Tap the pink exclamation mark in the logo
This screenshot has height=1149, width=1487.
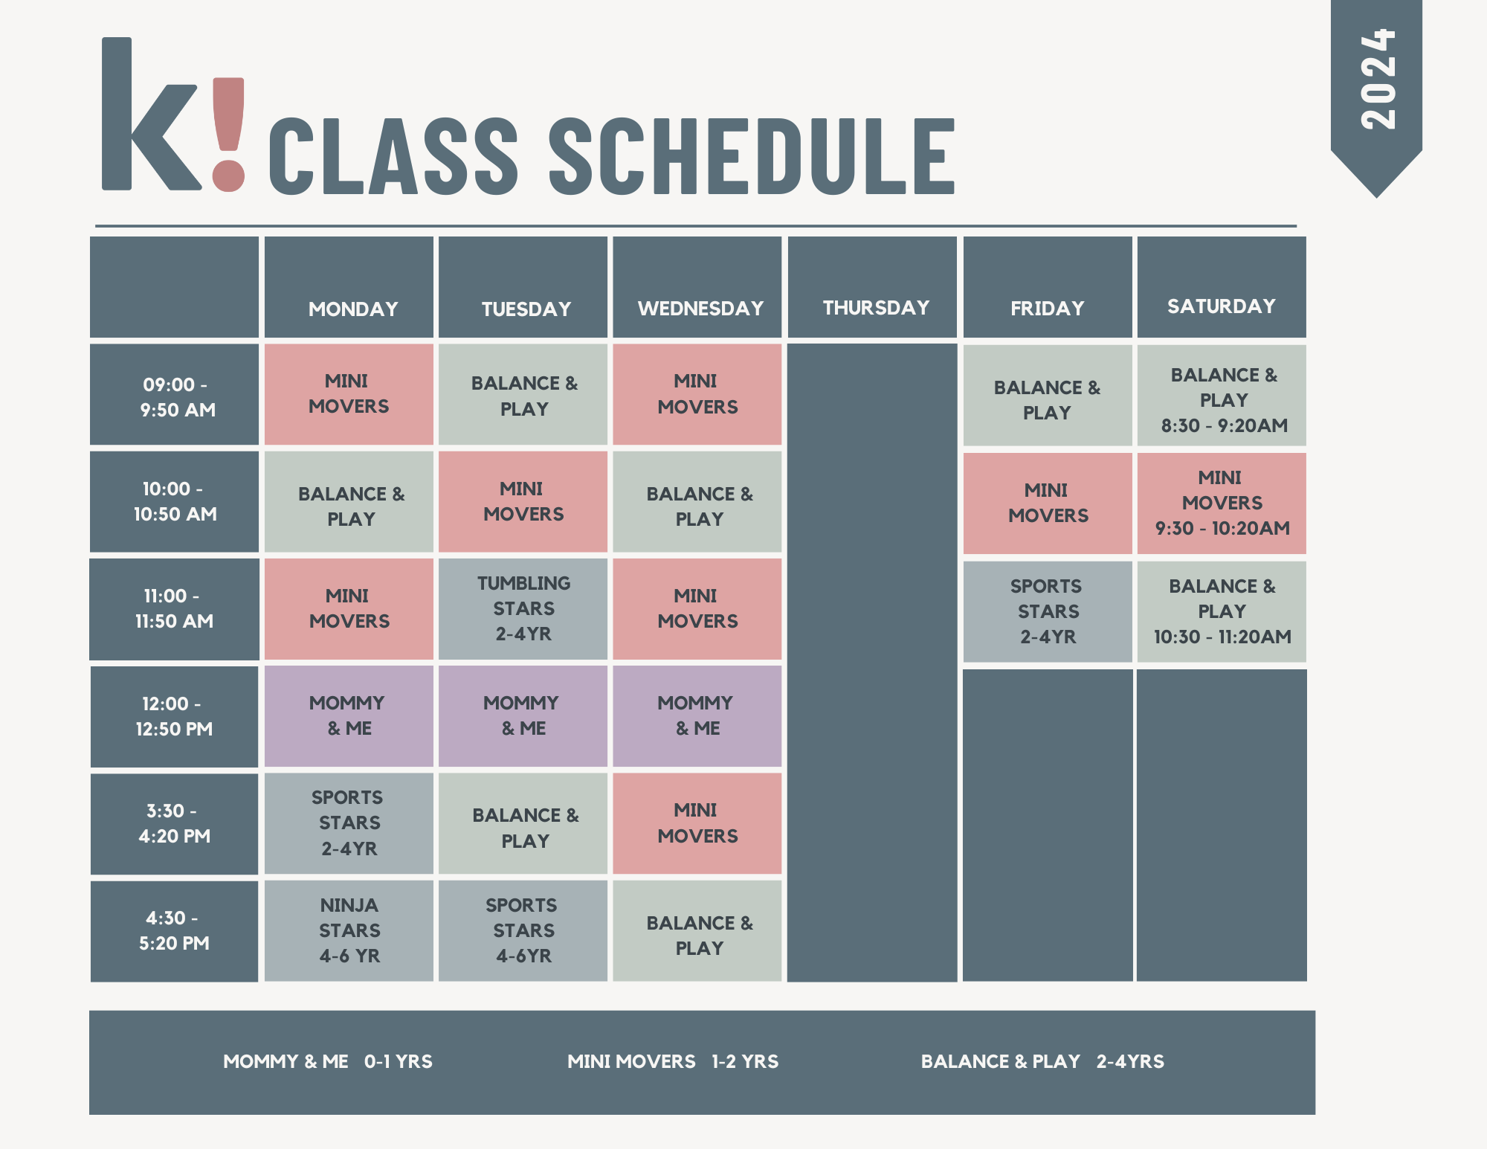coord(228,134)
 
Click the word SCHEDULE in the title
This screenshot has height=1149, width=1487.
coord(751,156)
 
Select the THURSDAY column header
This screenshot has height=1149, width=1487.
coord(875,307)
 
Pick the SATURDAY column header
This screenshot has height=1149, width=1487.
coord(1221,306)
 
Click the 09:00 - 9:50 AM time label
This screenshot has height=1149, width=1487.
coord(175,396)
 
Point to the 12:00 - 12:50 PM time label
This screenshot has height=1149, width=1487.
coord(174,716)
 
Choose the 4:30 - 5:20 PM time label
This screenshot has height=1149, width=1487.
coord(174,930)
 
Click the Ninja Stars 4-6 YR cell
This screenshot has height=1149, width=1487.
coord(349,930)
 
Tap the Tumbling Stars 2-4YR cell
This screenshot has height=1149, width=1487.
coord(523,608)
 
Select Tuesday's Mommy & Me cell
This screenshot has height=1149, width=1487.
coord(523,715)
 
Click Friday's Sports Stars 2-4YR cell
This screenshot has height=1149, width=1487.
coord(1048,611)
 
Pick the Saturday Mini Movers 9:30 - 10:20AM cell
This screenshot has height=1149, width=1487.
coord(1222,503)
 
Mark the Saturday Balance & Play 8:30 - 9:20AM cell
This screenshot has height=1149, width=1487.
coord(1222,399)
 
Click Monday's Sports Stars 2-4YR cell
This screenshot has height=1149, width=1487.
coord(349,823)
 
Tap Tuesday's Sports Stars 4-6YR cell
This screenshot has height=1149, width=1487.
coord(523,930)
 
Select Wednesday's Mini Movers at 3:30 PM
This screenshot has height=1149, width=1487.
coord(697,823)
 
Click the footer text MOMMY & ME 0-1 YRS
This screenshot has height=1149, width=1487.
coord(327,1061)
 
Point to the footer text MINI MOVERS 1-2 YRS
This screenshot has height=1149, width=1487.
coord(672,1061)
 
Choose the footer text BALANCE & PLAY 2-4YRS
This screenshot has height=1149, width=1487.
coord(1042,1061)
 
